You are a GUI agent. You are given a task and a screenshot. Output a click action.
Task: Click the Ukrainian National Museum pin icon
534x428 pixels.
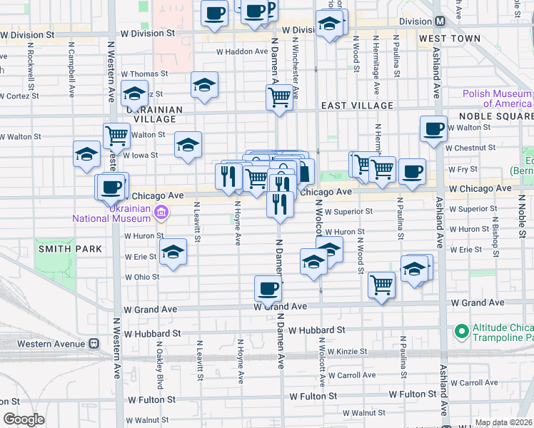(162, 212)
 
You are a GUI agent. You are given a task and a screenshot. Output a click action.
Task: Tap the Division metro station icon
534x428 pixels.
(440, 21)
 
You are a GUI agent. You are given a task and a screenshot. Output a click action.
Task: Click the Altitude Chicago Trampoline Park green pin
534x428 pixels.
(460, 330)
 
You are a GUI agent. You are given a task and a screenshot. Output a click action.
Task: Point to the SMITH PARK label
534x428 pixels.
(70, 249)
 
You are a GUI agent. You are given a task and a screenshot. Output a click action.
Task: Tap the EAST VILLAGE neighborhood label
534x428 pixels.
(357, 106)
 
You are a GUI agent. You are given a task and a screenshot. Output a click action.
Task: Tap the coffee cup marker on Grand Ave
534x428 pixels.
(268, 289)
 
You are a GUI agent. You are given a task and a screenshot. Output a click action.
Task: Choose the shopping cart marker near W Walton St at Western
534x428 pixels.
(116, 134)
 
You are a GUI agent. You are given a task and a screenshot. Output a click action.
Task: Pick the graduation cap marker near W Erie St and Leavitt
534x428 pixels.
(173, 253)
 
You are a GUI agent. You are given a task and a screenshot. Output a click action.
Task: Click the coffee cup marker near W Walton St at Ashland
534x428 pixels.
(433, 128)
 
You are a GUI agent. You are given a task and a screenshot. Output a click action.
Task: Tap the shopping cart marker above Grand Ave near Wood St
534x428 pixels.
(382, 284)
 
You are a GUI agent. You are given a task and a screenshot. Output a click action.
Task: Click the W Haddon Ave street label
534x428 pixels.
(241, 51)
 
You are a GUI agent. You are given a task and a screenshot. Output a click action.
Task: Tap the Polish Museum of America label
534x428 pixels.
(497, 98)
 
